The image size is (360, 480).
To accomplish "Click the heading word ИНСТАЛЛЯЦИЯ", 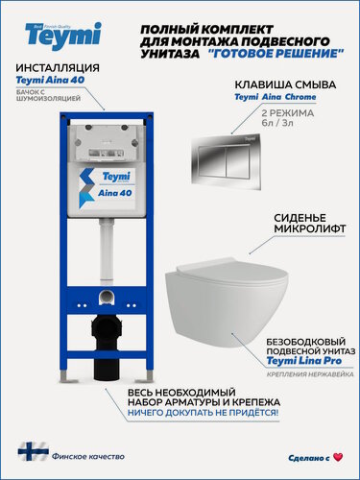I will click(x=60, y=68).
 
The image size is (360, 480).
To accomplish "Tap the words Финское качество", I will click(x=78, y=453).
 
